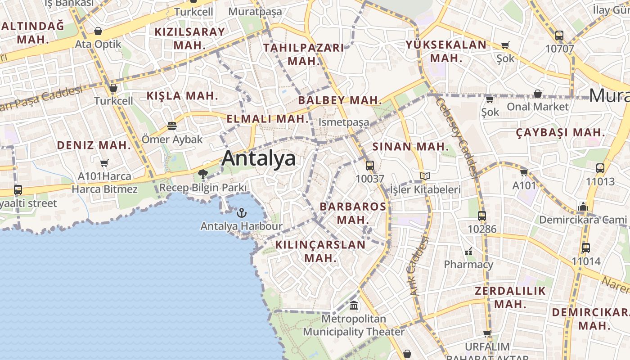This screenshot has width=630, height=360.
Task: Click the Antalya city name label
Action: [259, 158]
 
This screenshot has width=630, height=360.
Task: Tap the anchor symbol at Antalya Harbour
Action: [242, 212]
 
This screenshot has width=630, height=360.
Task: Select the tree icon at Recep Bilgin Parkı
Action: [202, 174]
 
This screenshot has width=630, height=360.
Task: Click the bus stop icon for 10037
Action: [370, 166]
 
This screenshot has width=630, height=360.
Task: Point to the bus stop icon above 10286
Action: [482, 216]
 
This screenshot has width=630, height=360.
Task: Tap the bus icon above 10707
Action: [559, 36]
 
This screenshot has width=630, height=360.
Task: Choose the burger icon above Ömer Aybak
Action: [172, 126]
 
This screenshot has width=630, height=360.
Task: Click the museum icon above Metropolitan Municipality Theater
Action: [354, 306]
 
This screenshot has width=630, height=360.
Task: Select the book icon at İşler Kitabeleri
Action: [425, 176]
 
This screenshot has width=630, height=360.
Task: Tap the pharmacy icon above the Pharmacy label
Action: [468, 251]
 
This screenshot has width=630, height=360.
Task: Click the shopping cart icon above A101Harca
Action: [104, 163]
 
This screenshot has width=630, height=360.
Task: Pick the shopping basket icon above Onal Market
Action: [538, 94]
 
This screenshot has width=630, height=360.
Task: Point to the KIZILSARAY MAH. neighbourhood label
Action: [189, 38]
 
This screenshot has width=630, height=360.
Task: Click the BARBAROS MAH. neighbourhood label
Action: [353, 213]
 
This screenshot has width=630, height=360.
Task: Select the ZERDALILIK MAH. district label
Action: [510, 297]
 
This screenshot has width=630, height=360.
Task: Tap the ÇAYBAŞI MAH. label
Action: [560, 133]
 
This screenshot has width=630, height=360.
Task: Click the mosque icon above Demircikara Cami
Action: [583, 207]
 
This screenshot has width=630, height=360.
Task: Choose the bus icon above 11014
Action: [586, 248]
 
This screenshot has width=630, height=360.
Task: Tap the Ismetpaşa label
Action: [344, 122]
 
